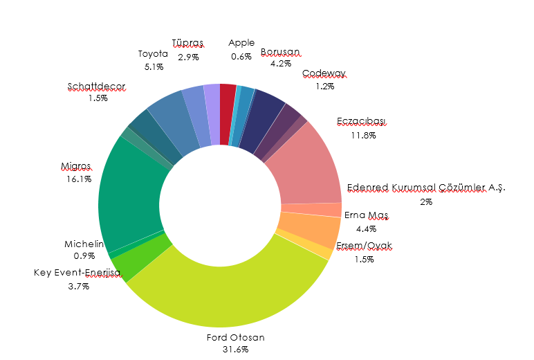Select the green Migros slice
pos(131,201)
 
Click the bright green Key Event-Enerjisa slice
pos(142,258)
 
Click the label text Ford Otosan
pos(236,338)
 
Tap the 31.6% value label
pos(236,350)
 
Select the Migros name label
pos(76,166)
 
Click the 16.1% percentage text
pos(76,179)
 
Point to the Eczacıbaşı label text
pos(362,123)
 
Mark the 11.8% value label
pos(362,135)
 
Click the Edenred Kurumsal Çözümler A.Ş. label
pos(426,188)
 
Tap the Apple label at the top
pos(241,43)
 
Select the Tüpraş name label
pos(188,44)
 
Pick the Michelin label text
pos(84,244)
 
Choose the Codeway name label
pos(324,74)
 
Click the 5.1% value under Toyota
pos(154,66)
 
